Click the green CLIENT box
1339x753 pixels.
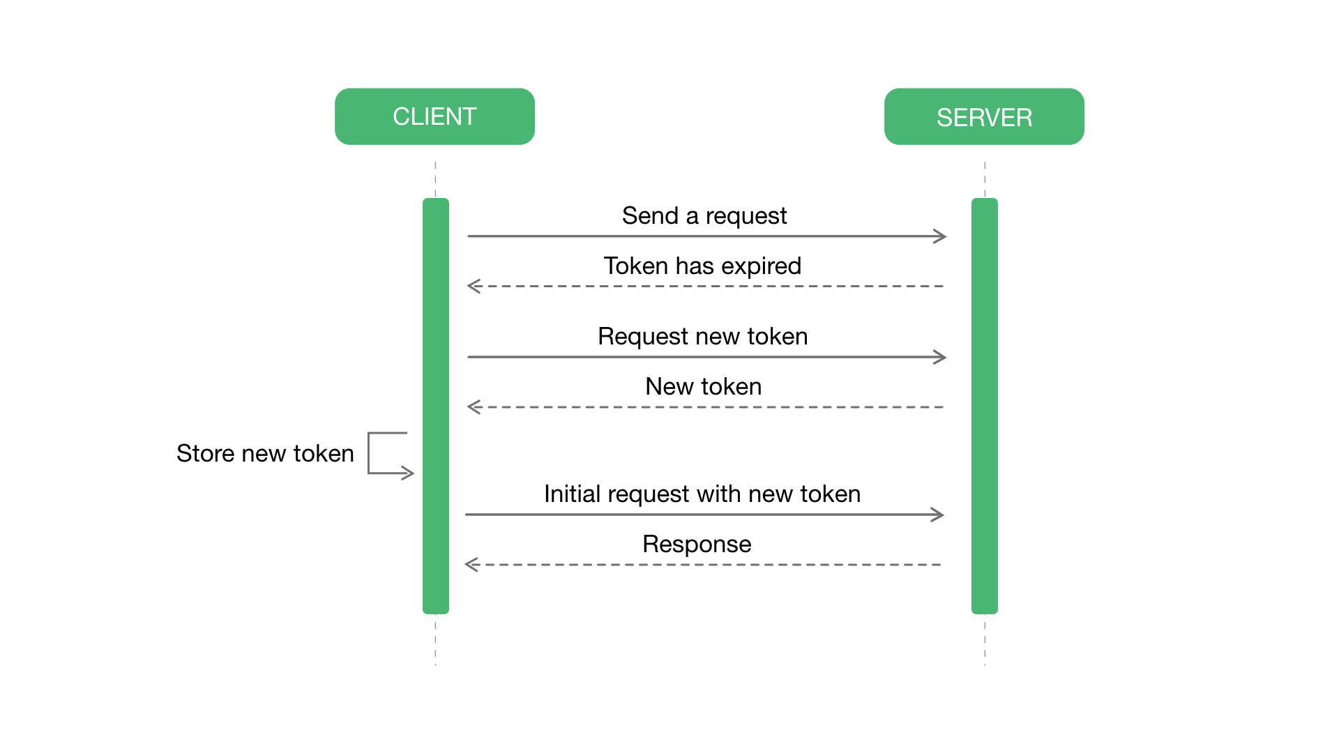click(x=434, y=116)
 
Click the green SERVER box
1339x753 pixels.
click(x=984, y=116)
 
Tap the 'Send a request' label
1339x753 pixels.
click(x=704, y=215)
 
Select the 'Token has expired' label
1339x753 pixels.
click(x=702, y=266)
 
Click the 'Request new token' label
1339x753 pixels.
click(x=702, y=336)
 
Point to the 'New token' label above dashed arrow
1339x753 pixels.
click(x=703, y=386)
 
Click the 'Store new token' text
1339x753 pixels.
click(x=265, y=453)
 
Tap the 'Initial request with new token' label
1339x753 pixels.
click(x=702, y=494)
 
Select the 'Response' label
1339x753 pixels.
click(x=697, y=544)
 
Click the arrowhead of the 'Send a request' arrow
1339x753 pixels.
click(x=941, y=236)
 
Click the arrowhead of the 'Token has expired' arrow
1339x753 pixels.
click(x=474, y=286)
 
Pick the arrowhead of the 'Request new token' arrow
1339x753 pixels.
click(x=941, y=357)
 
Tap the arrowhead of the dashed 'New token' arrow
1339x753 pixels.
click(x=474, y=407)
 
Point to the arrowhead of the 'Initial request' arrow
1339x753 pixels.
click(x=938, y=515)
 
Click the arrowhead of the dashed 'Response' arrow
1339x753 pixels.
click(x=471, y=565)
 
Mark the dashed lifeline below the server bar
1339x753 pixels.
click(x=985, y=643)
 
